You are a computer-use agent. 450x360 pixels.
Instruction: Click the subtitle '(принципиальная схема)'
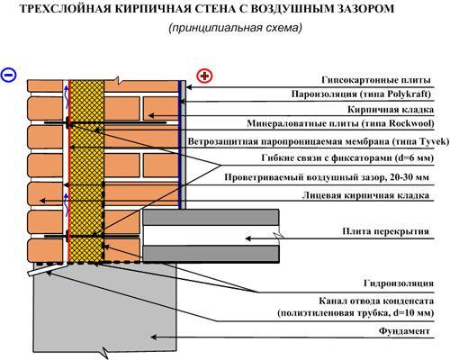point(232,29)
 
